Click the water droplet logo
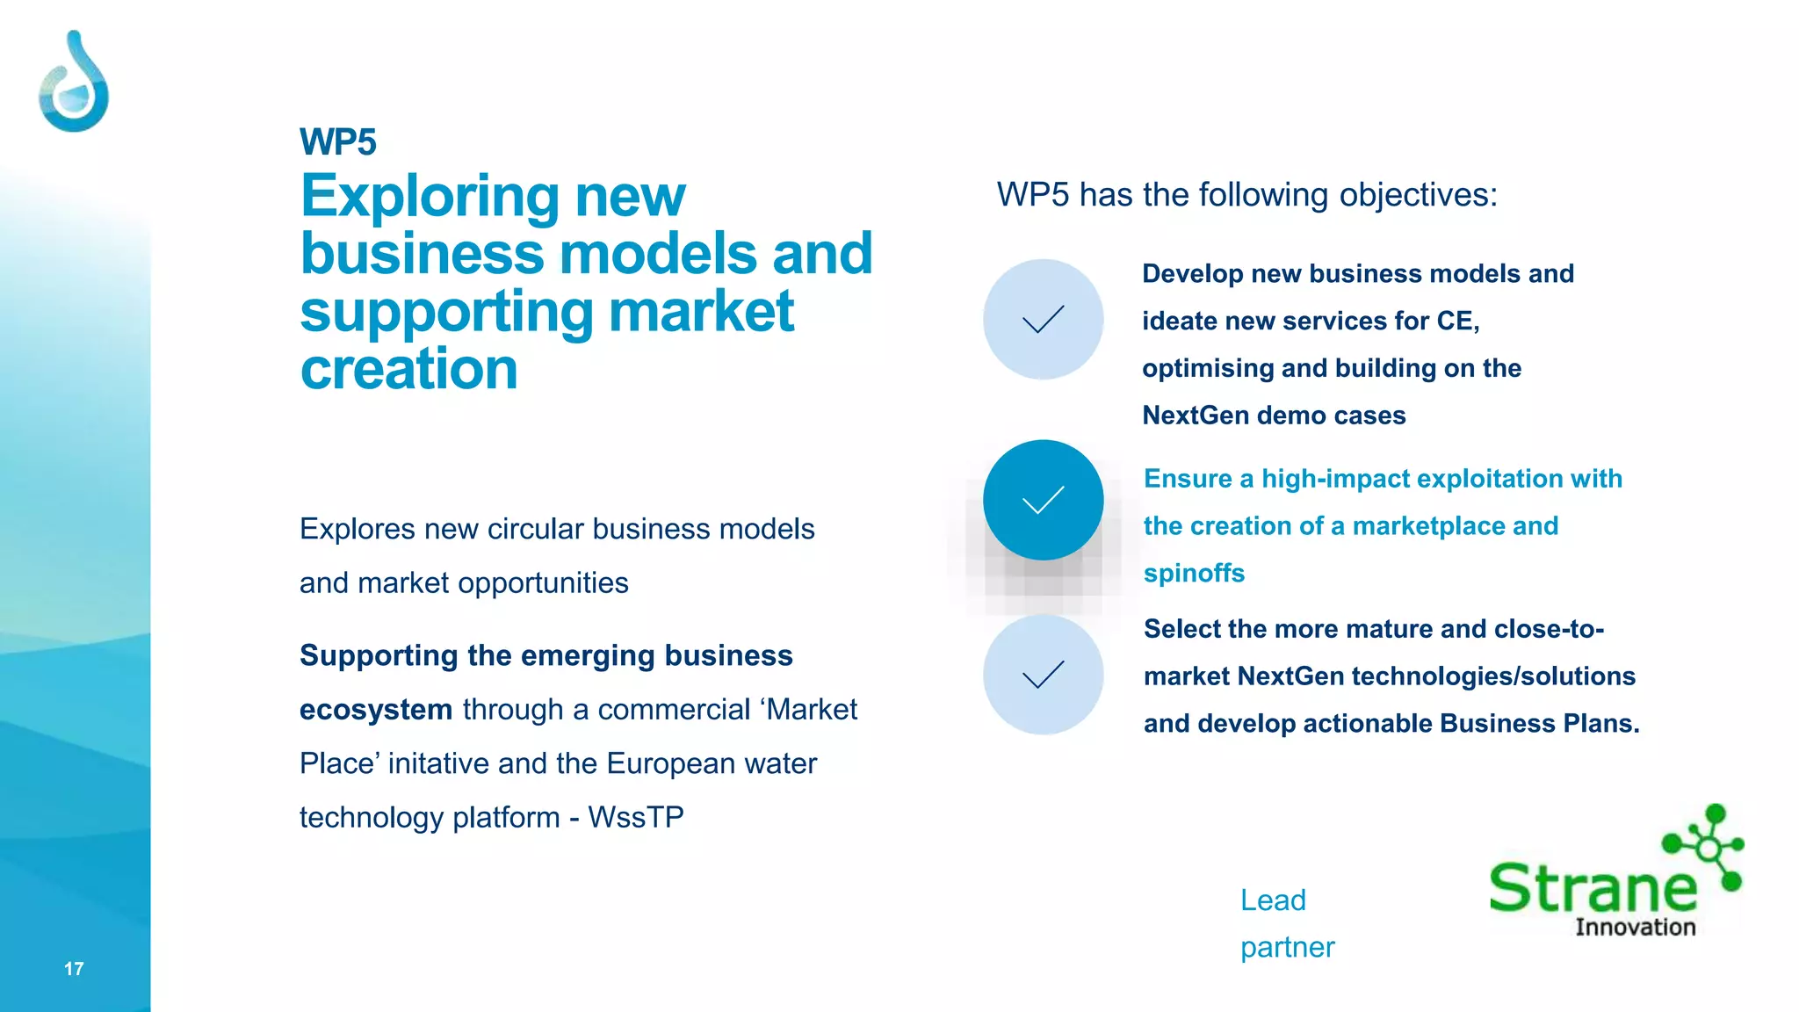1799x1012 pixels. click(74, 83)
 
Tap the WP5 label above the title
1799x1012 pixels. click(338, 142)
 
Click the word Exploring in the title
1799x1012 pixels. click(430, 197)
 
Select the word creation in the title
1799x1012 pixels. click(409, 369)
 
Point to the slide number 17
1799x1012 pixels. click(74, 969)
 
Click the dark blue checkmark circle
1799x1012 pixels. click(1043, 500)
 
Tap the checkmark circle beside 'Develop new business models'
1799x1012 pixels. click(1043, 319)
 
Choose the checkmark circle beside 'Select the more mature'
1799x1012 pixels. click(1043, 675)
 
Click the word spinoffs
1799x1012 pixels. click(1194, 574)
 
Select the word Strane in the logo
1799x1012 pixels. click(1593, 888)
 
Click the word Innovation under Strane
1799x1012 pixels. click(1635, 928)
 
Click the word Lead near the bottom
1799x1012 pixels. click(1273, 900)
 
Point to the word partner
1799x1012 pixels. click(1287, 948)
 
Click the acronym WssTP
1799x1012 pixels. click(636, 818)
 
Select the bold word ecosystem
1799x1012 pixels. click(376, 710)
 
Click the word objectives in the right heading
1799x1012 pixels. click(1418, 195)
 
